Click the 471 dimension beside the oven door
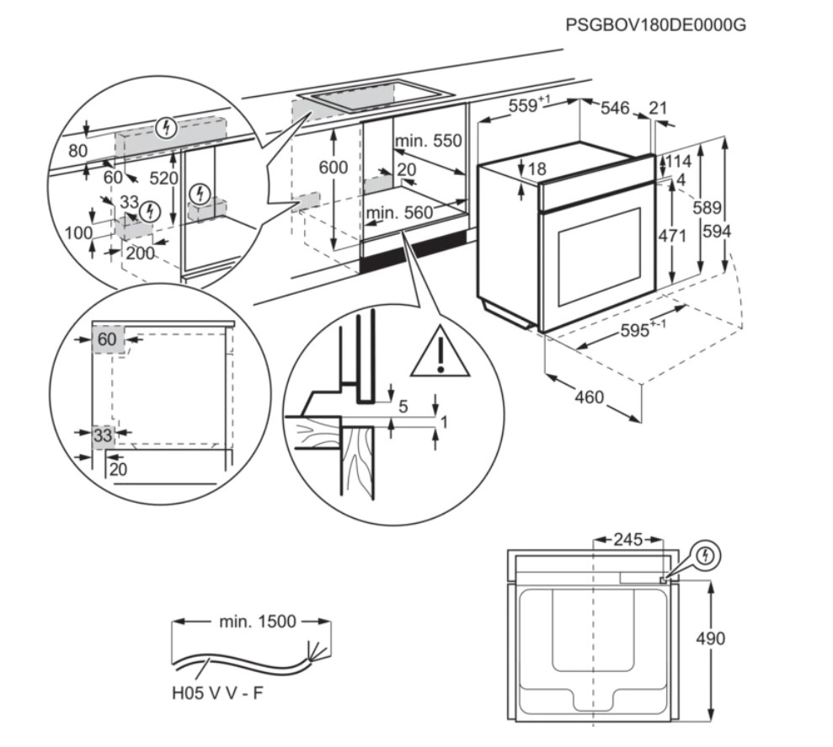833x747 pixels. [x=673, y=237]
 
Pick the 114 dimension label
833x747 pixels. [x=681, y=161]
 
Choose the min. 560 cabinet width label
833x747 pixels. [x=399, y=212]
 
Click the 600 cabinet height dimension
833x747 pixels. [x=333, y=168]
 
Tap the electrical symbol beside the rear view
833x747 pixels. [x=706, y=556]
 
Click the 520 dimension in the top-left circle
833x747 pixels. [x=164, y=179]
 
